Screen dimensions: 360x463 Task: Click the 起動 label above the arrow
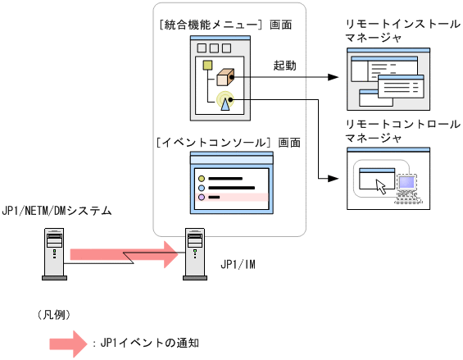pyautogui.click(x=285, y=64)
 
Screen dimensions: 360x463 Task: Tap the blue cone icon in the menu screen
pyautogui.click(x=225, y=103)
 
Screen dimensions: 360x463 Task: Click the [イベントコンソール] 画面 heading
pyautogui.click(x=228, y=142)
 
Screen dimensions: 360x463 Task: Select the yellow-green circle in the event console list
pyautogui.click(x=201, y=176)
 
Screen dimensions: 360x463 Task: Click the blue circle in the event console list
pyautogui.click(x=201, y=186)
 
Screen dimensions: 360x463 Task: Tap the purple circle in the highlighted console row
pyautogui.click(x=201, y=197)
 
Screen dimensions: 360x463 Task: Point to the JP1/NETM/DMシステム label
pyautogui.click(x=57, y=212)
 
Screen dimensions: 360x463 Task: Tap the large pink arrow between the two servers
pyautogui.click(x=123, y=254)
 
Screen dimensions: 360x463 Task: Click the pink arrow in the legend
pyautogui.click(x=69, y=343)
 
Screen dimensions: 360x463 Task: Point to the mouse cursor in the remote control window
pyautogui.click(x=380, y=185)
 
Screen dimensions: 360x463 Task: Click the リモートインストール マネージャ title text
pyautogui.click(x=389, y=31)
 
